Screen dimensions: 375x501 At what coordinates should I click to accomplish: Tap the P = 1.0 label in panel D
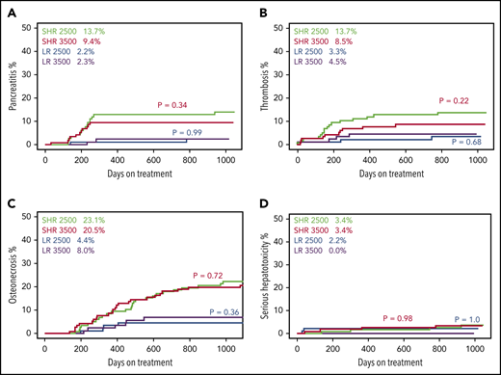[x=467, y=317]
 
